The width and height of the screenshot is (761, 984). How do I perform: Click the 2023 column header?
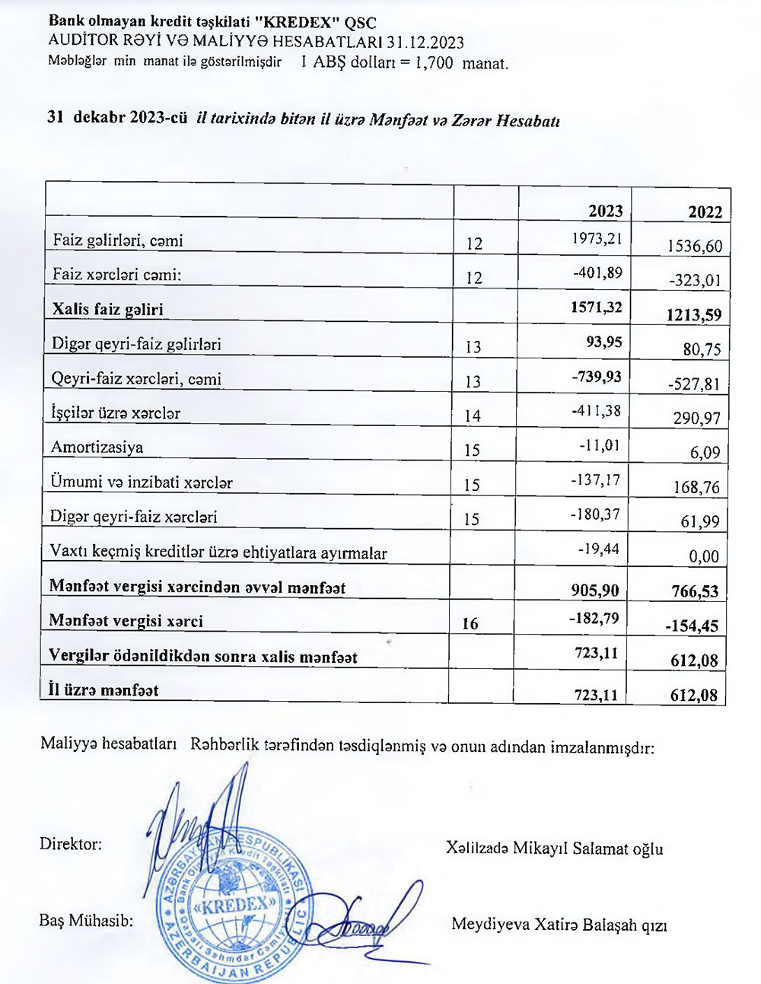(605, 211)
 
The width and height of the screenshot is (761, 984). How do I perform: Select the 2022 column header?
(705, 212)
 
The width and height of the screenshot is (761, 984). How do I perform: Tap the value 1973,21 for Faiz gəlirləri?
(597, 239)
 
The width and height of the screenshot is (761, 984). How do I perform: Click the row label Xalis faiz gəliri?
(107, 309)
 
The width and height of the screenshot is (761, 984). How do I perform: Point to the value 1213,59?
(692, 314)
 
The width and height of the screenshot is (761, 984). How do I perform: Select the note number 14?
(473, 416)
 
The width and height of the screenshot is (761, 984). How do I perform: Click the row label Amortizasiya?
(97, 447)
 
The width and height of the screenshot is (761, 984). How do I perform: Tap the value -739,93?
(597, 377)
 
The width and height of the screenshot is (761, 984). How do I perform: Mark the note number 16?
(470, 624)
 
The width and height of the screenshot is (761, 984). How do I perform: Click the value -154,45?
(692, 626)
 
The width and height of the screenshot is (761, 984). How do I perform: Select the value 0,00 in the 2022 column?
(703, 556)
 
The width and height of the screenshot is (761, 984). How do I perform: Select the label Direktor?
(70, 844)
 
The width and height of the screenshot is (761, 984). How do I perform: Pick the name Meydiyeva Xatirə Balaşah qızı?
(559, 925)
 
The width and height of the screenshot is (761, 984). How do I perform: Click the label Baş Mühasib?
(86, 920)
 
